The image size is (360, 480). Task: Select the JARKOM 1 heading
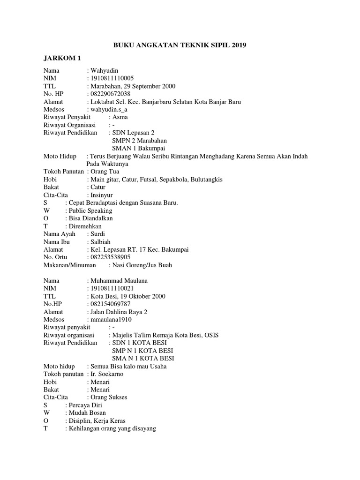[63, 58]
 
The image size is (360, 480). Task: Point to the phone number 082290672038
[110, 94]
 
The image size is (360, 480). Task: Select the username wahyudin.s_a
[110, 109]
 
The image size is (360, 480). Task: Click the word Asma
[120, 117]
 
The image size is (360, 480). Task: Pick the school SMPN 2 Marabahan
[139, 141]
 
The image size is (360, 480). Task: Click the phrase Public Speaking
[90, 210]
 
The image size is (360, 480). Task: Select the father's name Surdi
[98, 234]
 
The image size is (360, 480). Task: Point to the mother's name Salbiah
[100, 242]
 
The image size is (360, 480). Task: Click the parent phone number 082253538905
[110, 257]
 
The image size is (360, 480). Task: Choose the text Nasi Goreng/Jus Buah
[142, 265]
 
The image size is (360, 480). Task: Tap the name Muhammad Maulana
[119, 281]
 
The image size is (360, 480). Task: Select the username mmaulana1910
[111, 320]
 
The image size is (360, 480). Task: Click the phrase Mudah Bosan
[87, 413]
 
